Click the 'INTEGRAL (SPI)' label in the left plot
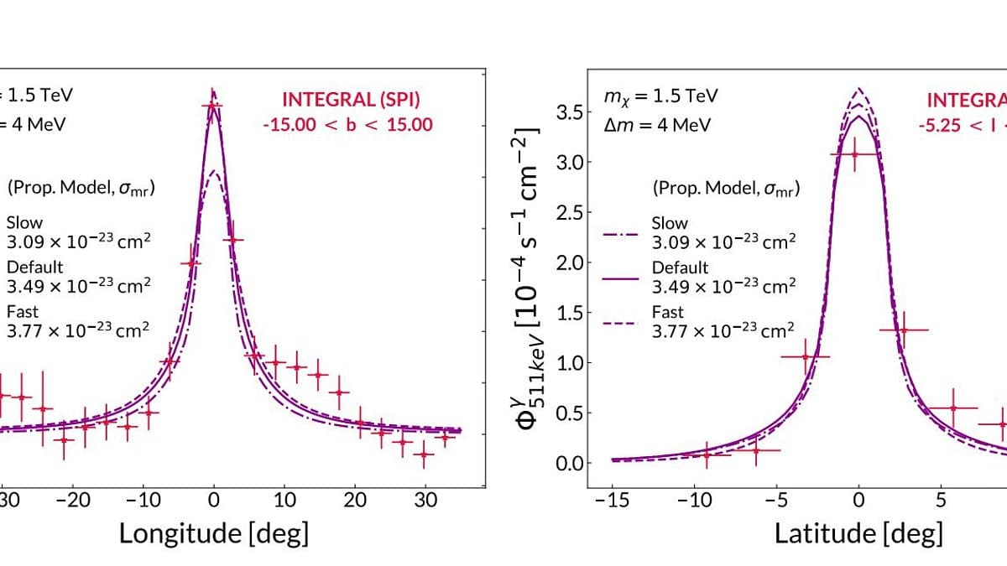click(x=351, y=100)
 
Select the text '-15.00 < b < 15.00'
click(x=347, y=124)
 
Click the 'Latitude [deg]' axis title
click(x=858, y=532)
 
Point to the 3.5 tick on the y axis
click(x=571, y=112)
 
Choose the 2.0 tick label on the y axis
click(x=571, y=262)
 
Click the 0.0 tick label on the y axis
click(x=571, y=464)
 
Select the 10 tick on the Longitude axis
click(x=284, y=501)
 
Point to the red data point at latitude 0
click(x=855, y=153)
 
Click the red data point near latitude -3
click(x=806, y=356)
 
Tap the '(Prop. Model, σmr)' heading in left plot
click(x=81, y=188)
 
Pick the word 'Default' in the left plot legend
click(x=34, y=267)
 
